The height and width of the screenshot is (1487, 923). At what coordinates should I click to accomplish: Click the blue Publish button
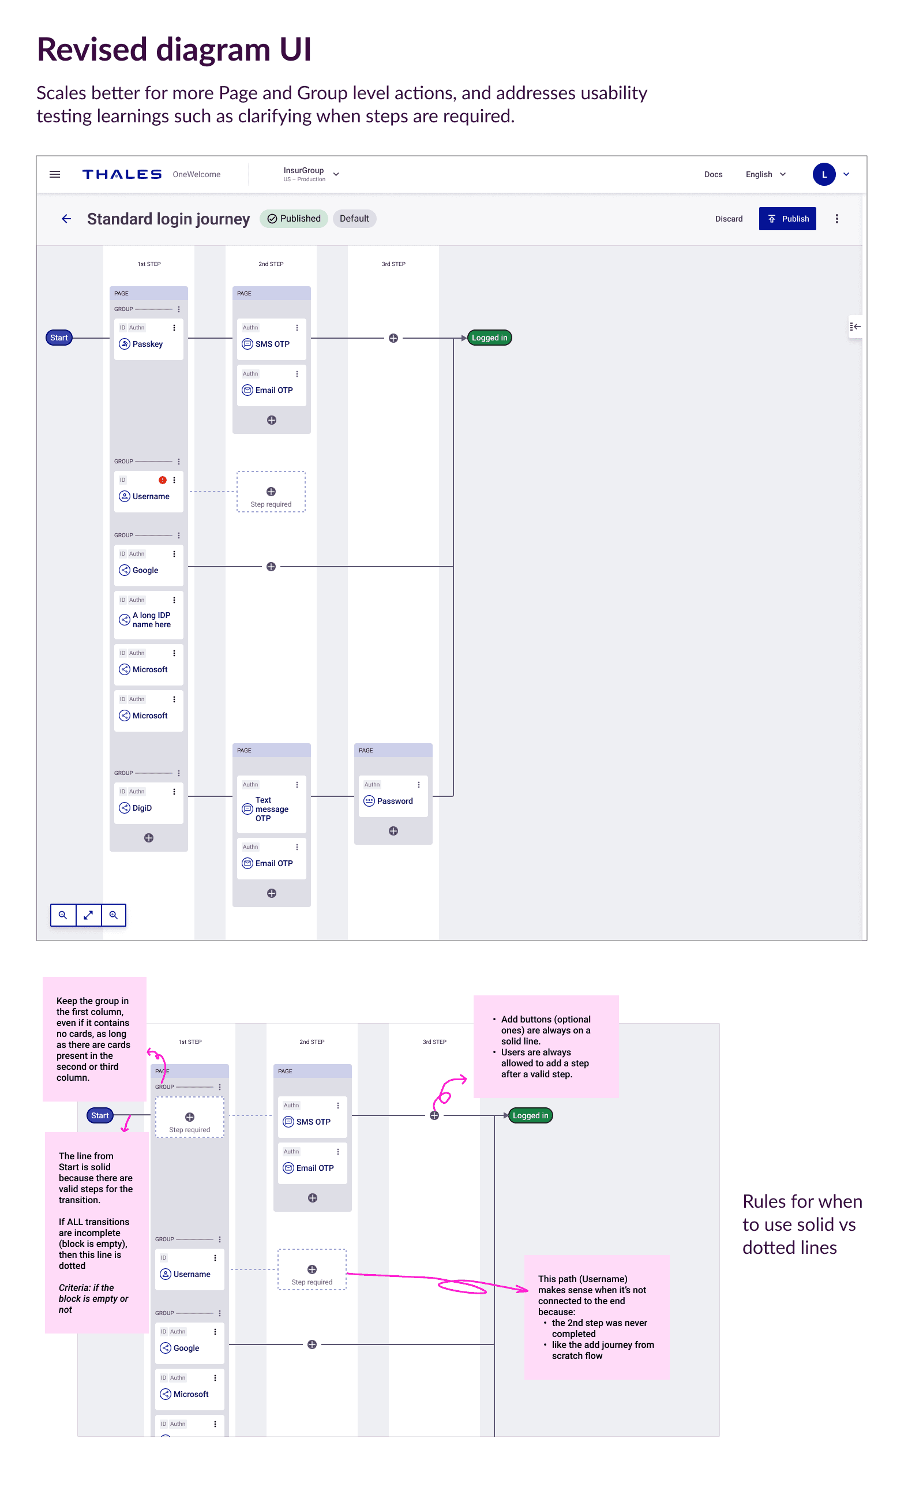tap(787, 219)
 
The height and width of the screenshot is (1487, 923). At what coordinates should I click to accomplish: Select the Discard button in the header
tap(728, 219)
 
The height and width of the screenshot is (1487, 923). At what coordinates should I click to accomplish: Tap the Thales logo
tap(122, 175)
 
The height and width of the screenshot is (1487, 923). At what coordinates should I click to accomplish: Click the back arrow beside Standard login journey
tap(66, 219)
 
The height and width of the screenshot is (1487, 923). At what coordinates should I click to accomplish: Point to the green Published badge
tap(294, 219)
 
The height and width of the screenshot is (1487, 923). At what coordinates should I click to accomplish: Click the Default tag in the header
tap(354, 219)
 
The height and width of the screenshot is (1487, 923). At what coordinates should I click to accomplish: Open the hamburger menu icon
tap(55, 175)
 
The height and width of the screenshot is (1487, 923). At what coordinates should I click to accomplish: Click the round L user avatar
tap(824, 175)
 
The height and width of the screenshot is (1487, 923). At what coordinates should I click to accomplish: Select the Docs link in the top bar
tap(713, 175)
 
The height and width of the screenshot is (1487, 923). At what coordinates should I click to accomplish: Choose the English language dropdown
tap(765, 175)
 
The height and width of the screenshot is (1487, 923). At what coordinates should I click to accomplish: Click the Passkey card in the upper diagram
tap(148, 339)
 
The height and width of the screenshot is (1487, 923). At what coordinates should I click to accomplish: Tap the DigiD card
tap(148, 803)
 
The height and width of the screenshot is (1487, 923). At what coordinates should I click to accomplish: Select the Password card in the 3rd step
tap(393, 796)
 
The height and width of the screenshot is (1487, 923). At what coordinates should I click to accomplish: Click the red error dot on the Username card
tap(162, 480)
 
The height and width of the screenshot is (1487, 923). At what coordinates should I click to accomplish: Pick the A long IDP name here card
tap(148, 615)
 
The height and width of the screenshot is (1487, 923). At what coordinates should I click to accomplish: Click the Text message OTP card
tap(271, 804)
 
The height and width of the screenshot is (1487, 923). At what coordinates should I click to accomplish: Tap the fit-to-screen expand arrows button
tap(88, 915)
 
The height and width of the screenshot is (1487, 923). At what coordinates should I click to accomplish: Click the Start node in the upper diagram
tap(59, 338)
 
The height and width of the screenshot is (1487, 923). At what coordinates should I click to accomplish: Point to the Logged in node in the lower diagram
tap(530, 1115)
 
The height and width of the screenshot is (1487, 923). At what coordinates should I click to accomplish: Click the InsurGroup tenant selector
tap(310, 175)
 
